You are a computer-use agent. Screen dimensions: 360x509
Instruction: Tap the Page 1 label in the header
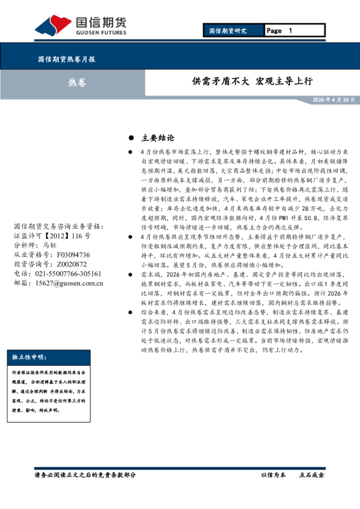pyautogui.click(x=280, y=30)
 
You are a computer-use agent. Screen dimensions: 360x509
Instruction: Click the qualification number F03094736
pyautogui.click(x=70, y=255)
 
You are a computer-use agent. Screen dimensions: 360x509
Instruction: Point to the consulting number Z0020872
pyautogui.click(x=67, y=264)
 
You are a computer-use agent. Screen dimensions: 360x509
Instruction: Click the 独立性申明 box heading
pyautogui.click(x=28, y=357)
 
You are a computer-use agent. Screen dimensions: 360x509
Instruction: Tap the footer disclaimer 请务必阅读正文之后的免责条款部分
pyautogui.click(x=85, y=475)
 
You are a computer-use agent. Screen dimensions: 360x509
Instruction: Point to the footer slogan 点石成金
pyautogui.click(x=312, y=475)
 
